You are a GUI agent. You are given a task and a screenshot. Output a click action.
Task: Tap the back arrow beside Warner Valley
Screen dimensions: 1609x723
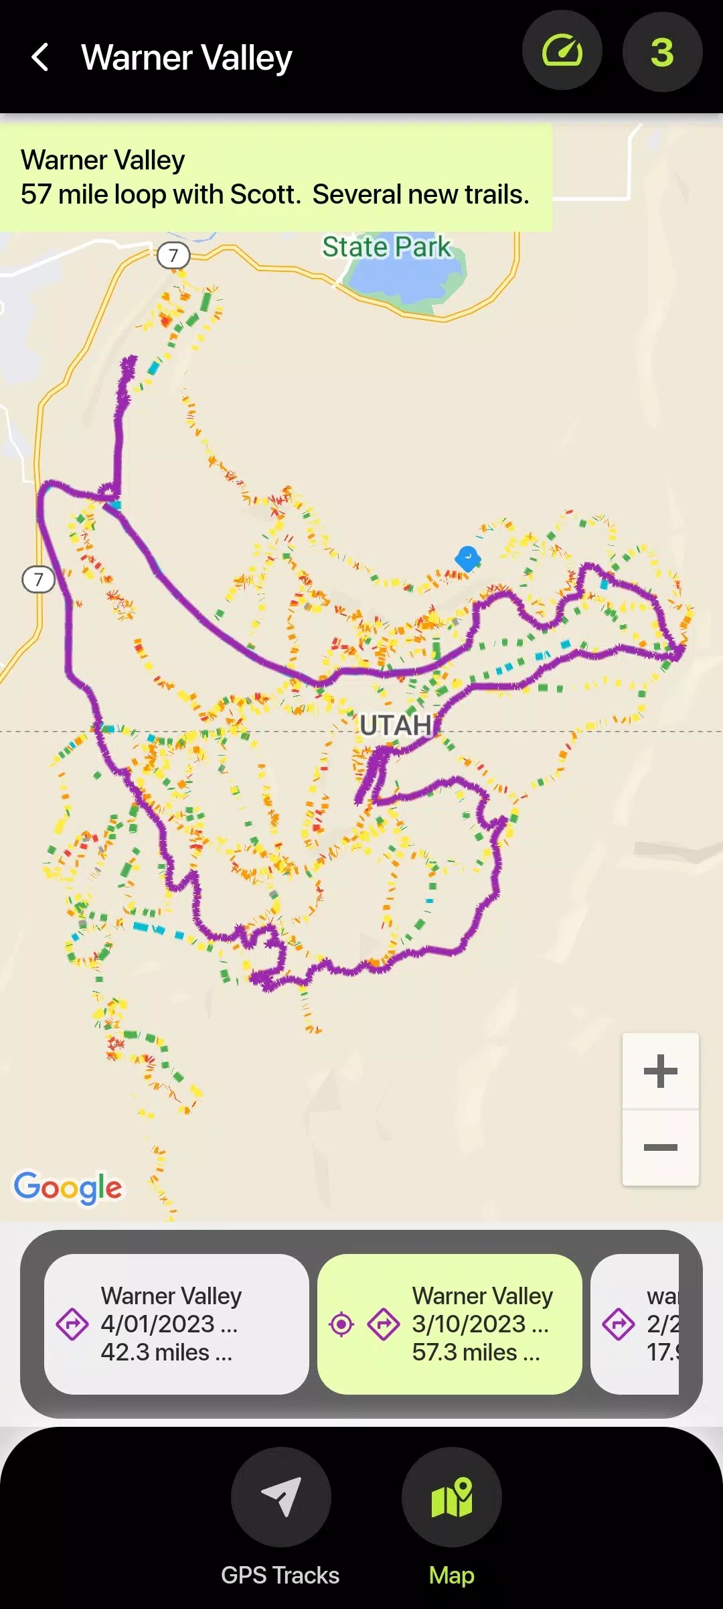[x=40, y=57]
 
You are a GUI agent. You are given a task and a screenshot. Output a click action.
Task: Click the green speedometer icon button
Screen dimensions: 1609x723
[x=562, y=51]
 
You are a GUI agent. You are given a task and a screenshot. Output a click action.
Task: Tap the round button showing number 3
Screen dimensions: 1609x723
[x=662, y=52]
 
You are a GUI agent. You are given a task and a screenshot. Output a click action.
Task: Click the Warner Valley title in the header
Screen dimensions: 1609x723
[x=186, y=58]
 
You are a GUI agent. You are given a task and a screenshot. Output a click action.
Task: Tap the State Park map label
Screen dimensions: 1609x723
[x=386, y=247]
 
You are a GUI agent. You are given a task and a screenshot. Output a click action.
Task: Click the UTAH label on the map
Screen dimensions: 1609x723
[x=396, y=725]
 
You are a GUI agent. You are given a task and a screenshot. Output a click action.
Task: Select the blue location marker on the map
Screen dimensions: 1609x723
[x=468, y=557]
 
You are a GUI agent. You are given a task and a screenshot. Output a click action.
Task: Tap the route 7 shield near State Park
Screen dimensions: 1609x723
[x=173, y=255]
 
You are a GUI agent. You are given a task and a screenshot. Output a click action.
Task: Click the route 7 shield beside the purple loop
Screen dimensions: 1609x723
[x=39, y=579]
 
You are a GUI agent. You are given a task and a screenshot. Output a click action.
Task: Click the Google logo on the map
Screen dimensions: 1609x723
[x=68, y=1188]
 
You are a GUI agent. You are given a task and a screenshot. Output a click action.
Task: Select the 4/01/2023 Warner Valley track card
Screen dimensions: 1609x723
[x=177, y=1324]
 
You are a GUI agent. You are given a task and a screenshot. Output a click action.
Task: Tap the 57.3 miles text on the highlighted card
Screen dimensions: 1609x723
[x=465, y=1352]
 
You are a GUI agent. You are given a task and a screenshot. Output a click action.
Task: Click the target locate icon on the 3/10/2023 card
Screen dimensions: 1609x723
[x=341, y=1324]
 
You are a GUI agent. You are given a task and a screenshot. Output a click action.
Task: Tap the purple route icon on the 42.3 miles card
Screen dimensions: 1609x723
[x=72, y=1324]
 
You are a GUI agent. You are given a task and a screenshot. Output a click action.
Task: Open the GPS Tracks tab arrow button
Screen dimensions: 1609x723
[x=280, y=1496]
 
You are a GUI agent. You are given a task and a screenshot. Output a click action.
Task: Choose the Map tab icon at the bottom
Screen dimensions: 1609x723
[x=452, y=1496]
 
